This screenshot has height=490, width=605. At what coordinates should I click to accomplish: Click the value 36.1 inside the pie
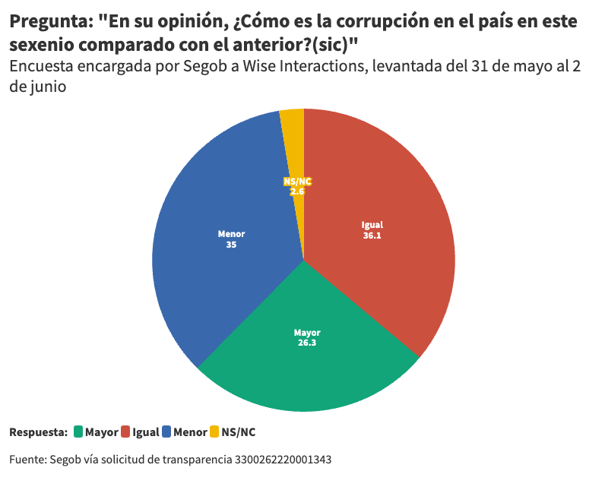point(372,236)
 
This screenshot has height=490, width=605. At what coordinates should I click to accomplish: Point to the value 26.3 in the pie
point(308,343)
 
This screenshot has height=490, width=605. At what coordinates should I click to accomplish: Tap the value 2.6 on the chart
point(297,192)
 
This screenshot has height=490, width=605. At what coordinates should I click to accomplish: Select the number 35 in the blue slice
point(231,245)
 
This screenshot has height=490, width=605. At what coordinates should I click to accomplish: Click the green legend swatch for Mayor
point(78,432)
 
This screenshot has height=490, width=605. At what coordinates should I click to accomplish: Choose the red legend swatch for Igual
point(125,432)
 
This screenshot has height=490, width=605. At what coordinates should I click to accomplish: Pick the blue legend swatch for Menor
point(166,432)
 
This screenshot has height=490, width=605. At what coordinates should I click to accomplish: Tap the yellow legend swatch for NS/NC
point(214,432)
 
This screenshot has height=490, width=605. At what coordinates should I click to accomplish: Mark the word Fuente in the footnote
point(27,460)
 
